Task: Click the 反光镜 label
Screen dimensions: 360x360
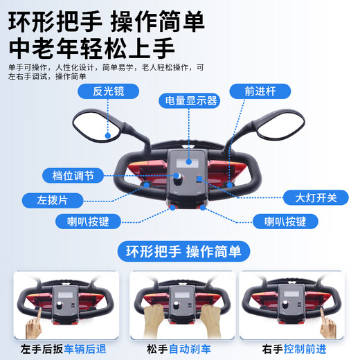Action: pos(107,91)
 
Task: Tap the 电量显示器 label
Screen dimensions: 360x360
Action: pos(188,100)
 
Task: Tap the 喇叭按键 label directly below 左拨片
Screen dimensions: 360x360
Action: pos(87,222)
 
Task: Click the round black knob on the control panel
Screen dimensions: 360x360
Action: pos(179,179)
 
